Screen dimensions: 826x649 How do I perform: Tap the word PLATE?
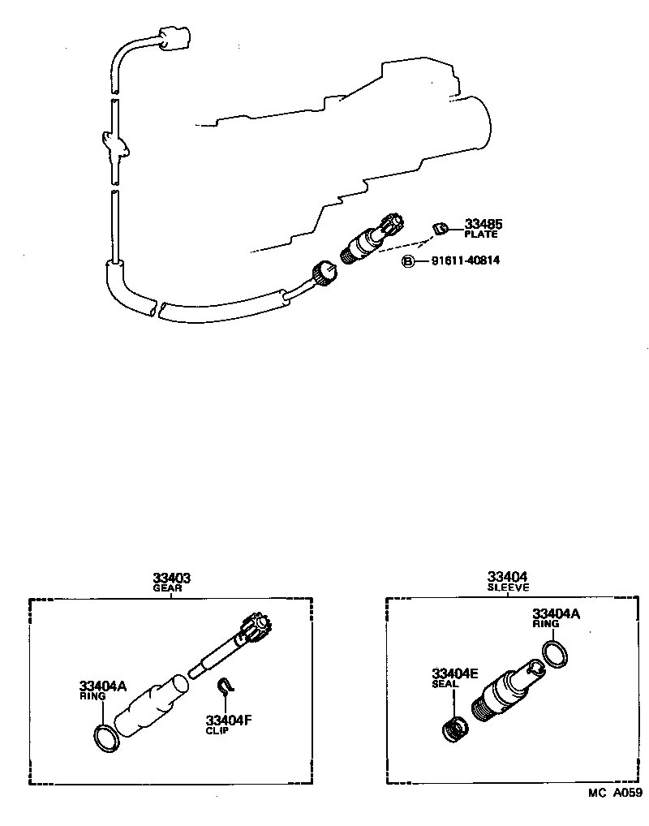(481, 234)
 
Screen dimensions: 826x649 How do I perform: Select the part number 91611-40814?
(465, 261)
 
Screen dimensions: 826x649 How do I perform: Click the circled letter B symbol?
(410, 261)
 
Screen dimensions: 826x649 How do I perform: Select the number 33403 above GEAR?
(172, 578)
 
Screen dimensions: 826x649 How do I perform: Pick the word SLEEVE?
(509, 587)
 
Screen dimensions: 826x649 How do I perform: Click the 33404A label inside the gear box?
(103, 686)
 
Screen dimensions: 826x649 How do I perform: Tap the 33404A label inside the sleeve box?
(556, 614)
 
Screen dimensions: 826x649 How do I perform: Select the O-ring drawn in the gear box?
(106, 736)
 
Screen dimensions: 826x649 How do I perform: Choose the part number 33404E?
(455, 673)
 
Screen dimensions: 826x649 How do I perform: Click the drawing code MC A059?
(616, 794)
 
